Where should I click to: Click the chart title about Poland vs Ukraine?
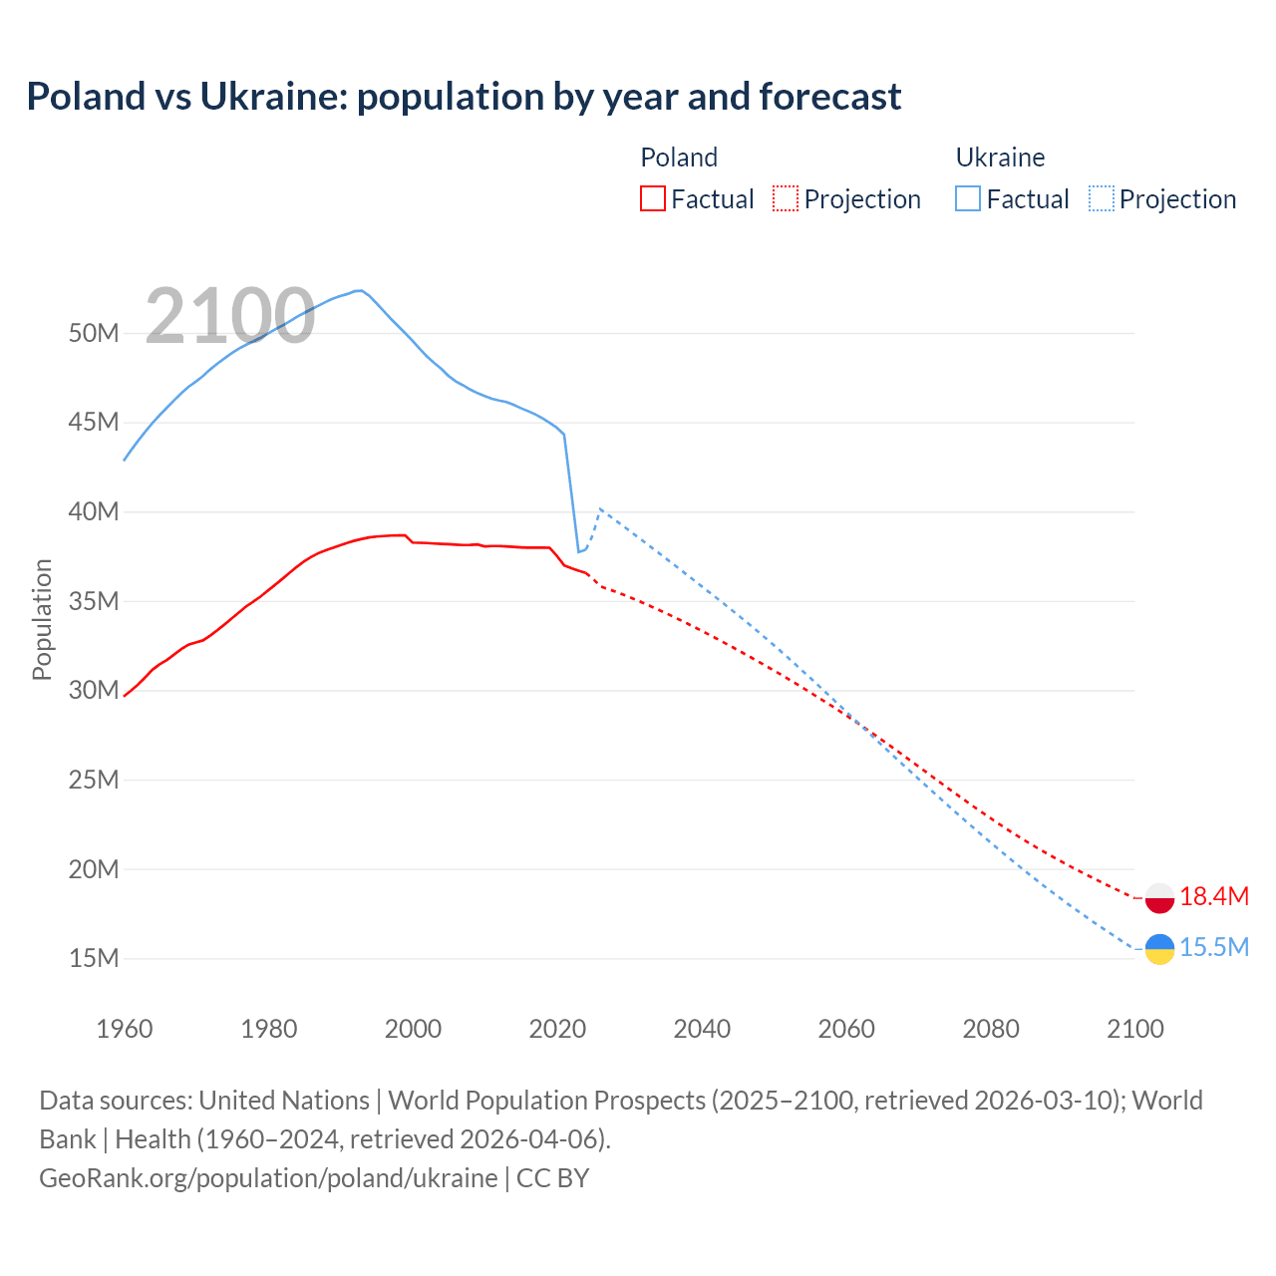pyautogui.click(x=464, y=97)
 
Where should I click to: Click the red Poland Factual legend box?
pyautogui.click(x=652, y=198)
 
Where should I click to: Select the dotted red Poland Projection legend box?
pyautogui.click(x=786, y=198)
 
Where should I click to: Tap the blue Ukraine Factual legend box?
pyautogui.click(x=967, y=198)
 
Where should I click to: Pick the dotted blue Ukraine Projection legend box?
pyautogui.click(x=1102, y=198)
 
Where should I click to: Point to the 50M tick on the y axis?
pyautogui.click(x=94, y=333)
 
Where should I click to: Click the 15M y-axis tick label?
pyautogui.click(x=94, y=958)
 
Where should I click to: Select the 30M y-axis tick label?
pyautogui.click(x=94, y=690)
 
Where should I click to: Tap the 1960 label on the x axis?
pyautogui.click(x=125, y=1029)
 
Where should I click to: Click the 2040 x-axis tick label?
pyautogui.click(x=702, y=1029)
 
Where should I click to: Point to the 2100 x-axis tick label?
pyautogui.click(x=1135, y=1029)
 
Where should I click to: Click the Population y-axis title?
pyautogui.click(x=42, y=619)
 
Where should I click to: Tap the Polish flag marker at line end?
pyautogui.click(x=1159, y=897)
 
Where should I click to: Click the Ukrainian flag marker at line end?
pyautogui.click(x=1159, y=949)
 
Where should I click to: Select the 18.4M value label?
pyautogui.click(x=1213, y=896)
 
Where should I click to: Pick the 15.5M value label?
pyautogui.click(x=1213, y=947)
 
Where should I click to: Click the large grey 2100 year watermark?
pyautogui.click(x=230, y=317)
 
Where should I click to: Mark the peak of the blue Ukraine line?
pyautogui.click(x=359, y=290)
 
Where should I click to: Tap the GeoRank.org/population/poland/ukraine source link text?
pyautogui.click(x=268, y=1177)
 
